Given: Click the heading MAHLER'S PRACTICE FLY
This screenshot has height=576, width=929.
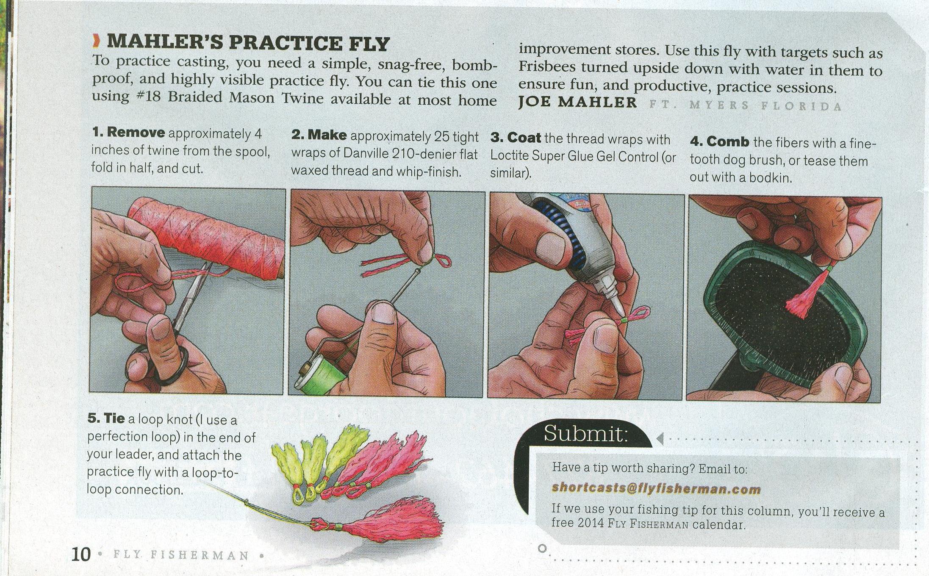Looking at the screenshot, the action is (x=248, y=43).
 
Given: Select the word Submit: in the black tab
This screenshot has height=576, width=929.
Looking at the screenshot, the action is (x=586, y=433).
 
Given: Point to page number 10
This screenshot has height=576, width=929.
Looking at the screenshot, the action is (x=81, y=554).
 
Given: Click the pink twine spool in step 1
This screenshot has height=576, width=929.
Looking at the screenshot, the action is (x=208, y=239).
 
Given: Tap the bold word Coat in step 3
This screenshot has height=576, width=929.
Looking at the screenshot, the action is (x=524, y=138).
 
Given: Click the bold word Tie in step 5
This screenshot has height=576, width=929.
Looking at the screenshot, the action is (x=114, y=418).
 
